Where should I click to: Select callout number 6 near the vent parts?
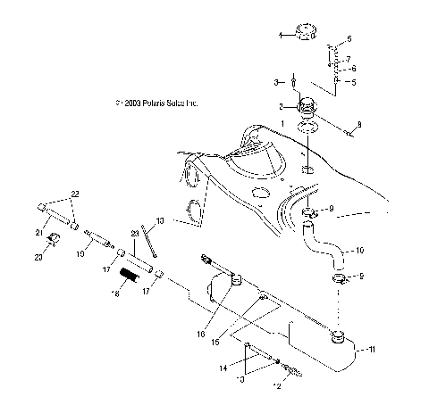(353, 69)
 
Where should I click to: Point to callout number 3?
(276, 82)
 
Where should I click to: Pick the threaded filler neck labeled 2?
(307, 105)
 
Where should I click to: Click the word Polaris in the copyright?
(157, 103)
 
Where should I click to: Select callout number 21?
(38, 234)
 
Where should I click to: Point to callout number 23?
(134, 234)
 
